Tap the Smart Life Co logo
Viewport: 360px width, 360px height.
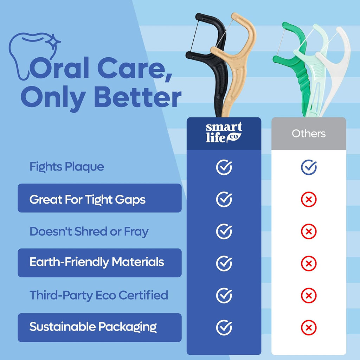pyautogui.click(x=224, y=133)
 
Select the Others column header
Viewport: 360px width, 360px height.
pyautogui.click(x=309, y=134)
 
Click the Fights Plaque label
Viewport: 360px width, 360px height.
pyautogui.click(x=67, y=167)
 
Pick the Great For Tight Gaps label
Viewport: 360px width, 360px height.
pyautogui.click(x=87, y=200)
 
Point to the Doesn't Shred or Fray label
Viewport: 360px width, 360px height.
pyautogui.click(x=89, y=232)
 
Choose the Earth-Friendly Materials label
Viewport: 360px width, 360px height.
pyautogui.click(x=97, y=262)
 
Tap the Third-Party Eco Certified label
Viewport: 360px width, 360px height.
pyautogui.click(x=99, y=295)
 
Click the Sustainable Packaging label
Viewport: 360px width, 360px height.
pyautogui.click(x=93, y=327)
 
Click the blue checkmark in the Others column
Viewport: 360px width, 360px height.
pyautogui.click(x=309, y=167)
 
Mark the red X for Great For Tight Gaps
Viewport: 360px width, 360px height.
pyautogui.click(x=309, y=200)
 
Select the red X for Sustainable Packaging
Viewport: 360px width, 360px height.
pyautogui.click(x=309, y=328)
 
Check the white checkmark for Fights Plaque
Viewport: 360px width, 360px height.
pyautogui.click(x=224, y=167)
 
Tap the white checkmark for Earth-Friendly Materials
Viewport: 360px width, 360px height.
pyautogui.click(x=224, y=263)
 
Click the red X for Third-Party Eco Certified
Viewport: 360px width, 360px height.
pyautogui.click(x=309, y=296)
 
